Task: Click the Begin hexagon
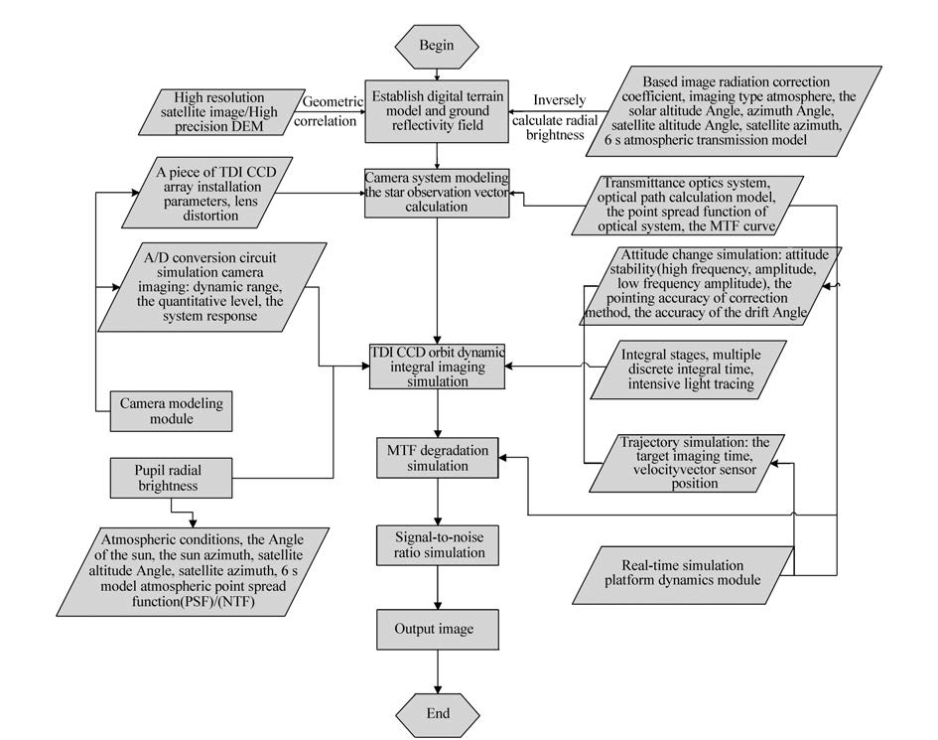(x=437, y=46)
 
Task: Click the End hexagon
(x=438, y=713)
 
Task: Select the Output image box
(x=438, y=629)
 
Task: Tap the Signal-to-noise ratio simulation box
(x=438, y=545)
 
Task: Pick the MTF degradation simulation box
(x=438, y=458)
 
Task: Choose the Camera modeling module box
(x=171, y=411)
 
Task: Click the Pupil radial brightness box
(x=171, y=479)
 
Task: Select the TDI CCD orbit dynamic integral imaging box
(x=438, y=367)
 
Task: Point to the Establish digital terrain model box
(x=438, y=111)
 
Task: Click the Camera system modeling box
(x=438, y=193)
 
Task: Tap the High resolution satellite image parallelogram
(x=221, y=112)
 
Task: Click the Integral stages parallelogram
(x=688, y=370)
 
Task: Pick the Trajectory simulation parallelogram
(x=694, y=463)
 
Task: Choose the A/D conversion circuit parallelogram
(x=212, y=287)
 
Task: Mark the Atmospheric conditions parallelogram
(x=193, y=572)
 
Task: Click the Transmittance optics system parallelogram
(x=687, y=206)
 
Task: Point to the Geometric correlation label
(x=328, y=111)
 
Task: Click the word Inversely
(x=560, y=100)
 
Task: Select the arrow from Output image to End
(x=438, y=671)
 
